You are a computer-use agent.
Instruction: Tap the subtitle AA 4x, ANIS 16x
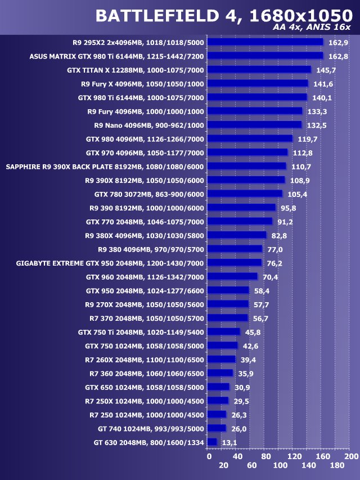point(308,28)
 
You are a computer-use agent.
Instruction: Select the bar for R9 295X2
point(265,42)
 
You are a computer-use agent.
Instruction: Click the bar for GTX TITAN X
point(259,69)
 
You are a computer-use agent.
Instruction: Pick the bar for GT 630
point(211,442)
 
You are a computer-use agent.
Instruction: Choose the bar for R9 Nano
point(254,124)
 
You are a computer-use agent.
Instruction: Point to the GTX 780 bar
point(245,194)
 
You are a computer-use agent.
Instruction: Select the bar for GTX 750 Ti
point(223,331)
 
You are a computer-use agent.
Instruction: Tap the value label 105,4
point(297,194)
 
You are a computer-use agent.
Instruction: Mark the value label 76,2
point(276,263)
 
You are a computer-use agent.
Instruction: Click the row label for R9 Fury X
point(142,83)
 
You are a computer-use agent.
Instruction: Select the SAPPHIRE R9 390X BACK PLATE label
point(105,166)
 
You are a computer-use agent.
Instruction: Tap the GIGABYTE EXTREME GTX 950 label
point(110,263)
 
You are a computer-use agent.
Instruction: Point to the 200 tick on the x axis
point(350,456)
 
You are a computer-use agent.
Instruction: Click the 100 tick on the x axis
point(280,466)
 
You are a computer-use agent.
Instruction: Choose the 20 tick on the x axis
point(223,466)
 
